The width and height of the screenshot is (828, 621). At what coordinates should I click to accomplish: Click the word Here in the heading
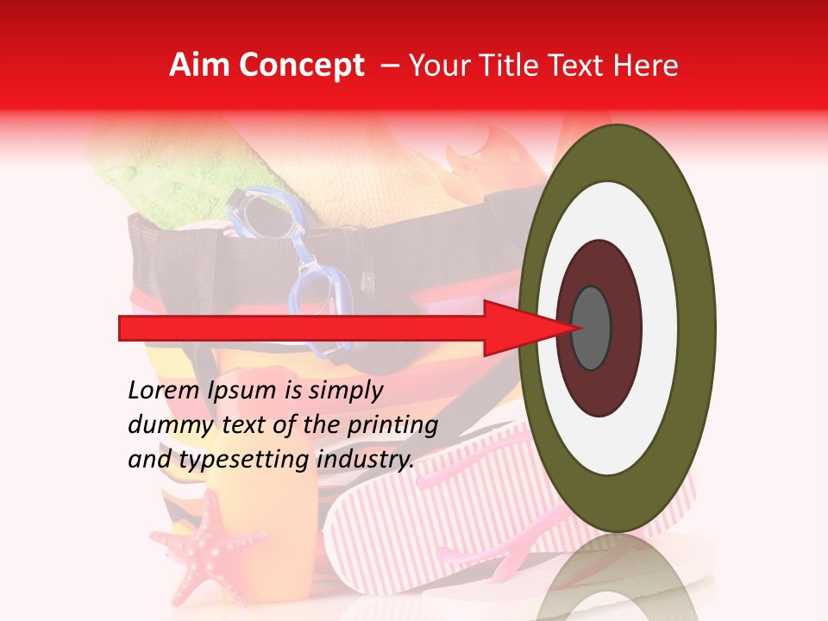click(x=647, y=66)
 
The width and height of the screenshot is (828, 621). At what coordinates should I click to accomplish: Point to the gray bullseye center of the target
click(x=592, y=328)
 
